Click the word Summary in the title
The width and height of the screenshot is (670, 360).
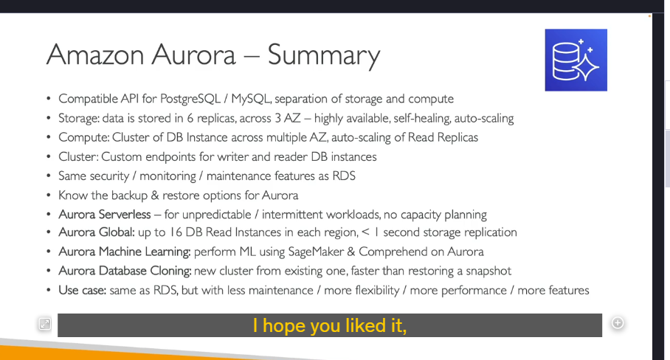pyautogui.click(x=324, y=55)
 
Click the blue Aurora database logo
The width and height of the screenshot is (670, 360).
pyautogui.click(x=576, y=60)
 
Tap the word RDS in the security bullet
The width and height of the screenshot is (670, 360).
pyautogui.click(x=344, y=176)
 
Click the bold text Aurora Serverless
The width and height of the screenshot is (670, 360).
pyautogui.click(x=105, y=215)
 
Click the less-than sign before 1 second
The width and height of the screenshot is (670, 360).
pyautogui.click(x=365, y=232)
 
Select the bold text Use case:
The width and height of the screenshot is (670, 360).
pyautogui.click(x=83, y=291)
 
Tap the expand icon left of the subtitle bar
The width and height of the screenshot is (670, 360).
pyautogui.click(x=45, y=324)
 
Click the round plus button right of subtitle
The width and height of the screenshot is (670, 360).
pyautogui.click(x=618, y=323)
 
